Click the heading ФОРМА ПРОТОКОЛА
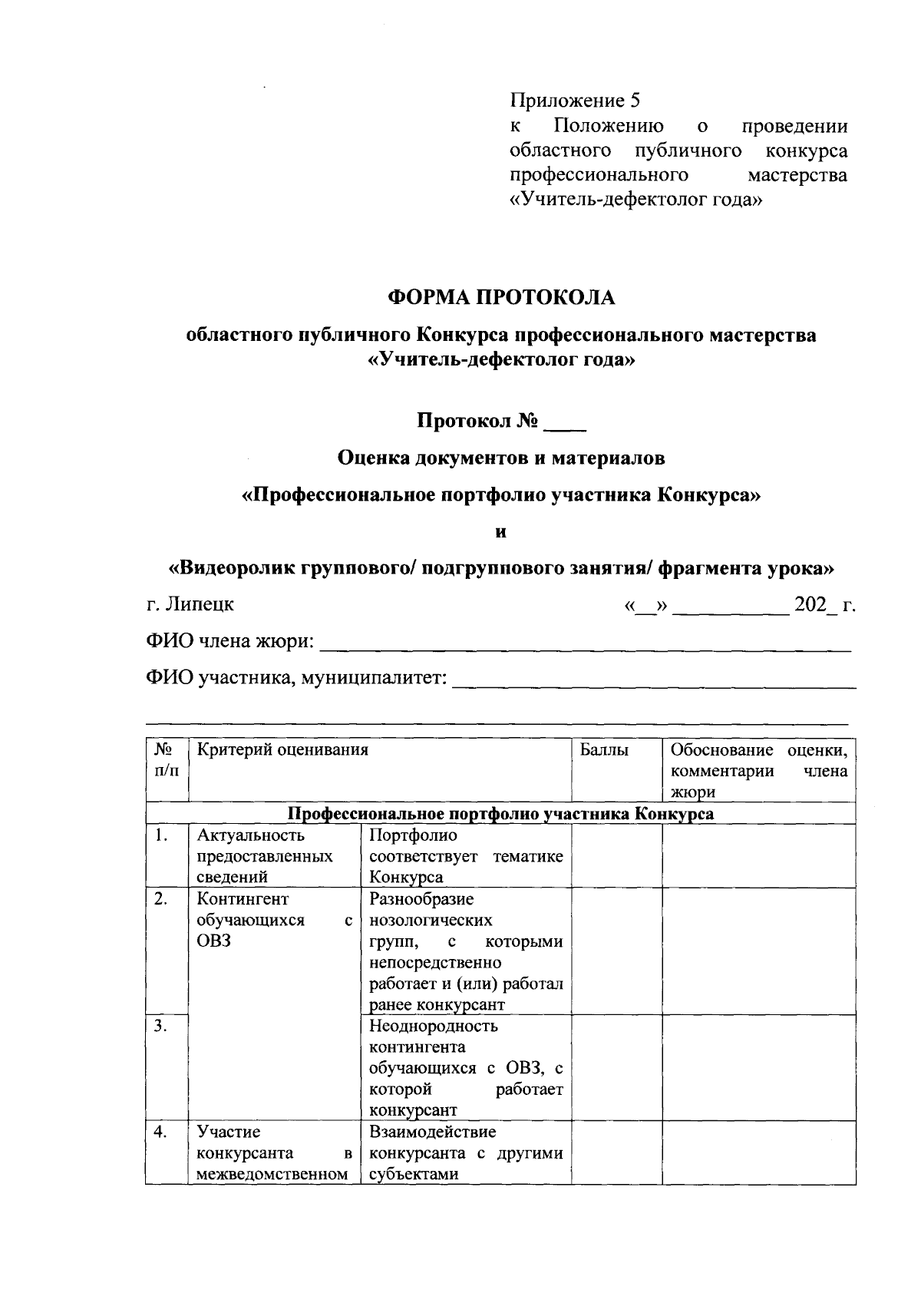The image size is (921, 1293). pos(501,298)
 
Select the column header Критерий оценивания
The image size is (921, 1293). pos(282,750)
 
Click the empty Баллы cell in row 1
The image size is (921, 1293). pos(616,856)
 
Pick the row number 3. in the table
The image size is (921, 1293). pos(160,1027)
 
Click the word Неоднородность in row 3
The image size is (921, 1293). pos(434,1027)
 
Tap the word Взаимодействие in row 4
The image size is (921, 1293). pos(433,1132)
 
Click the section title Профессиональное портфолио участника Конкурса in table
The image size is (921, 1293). pos(500,814)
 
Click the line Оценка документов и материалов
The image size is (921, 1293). pos(501,458)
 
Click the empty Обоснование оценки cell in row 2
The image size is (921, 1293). pos(758,951)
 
